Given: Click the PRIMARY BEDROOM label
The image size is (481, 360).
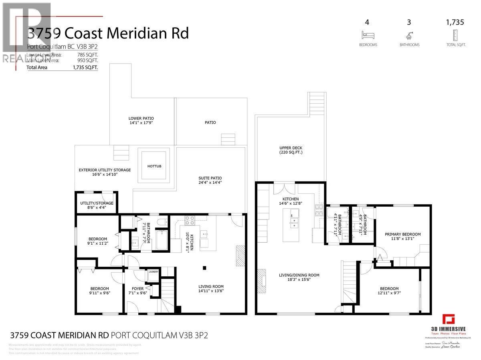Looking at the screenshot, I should coord(402,234).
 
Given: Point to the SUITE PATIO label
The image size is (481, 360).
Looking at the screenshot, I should coord(210,178).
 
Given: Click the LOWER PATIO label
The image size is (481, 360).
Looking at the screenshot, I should coord(141,119).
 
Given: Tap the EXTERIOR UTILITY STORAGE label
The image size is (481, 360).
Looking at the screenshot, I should coord(105,170).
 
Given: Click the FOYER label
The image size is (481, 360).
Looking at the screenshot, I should coord(138,288).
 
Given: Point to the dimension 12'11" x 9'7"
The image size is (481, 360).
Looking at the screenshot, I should coord(389,294).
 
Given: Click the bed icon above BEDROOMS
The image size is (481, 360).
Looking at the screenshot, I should coord(368,34).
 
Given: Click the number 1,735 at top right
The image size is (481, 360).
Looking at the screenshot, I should coord(455,22).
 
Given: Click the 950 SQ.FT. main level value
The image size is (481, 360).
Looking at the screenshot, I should coord(87,60).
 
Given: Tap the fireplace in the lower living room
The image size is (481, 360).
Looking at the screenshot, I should coord(240,253).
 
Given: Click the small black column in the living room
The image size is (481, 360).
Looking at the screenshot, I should coord(204,267).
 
